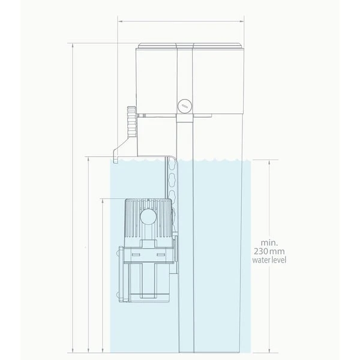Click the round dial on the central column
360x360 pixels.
(x=184, y=106)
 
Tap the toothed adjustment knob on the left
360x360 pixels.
(x=131, y=121)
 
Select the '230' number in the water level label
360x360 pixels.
(x=262, y=252)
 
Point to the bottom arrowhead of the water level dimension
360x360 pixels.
(x=269, y=349)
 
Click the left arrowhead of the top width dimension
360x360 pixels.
(x=118, y=21)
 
